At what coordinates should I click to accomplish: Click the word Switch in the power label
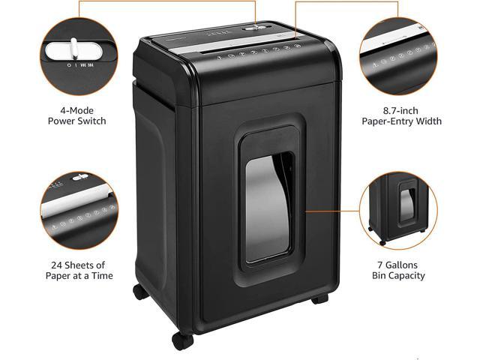pyautogui.click(x=91, y=121)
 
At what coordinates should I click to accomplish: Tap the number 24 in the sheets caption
pyautogui.click(x=56, y=265)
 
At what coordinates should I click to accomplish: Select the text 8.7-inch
pyautogui.click(x=400, y=110)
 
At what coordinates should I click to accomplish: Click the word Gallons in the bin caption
pyautogui.click(x=401, y=265)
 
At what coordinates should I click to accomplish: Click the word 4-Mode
pyautogui.click(x=76, y=110)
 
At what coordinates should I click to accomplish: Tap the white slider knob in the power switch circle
pyautogui.click(x=74, y=48)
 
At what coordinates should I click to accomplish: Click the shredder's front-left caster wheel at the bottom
pyautogui.click(x=182, y=339)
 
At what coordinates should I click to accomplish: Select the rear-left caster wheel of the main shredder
pyautogui.click(x=140, y=292)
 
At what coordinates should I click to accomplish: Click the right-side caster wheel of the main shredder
pyautogui.click(x=320, y=298)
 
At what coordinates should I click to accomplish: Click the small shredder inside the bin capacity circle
pyautogui.click(x=398, y=208)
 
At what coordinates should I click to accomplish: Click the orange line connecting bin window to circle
pyautogui.click(x=332, y=211)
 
